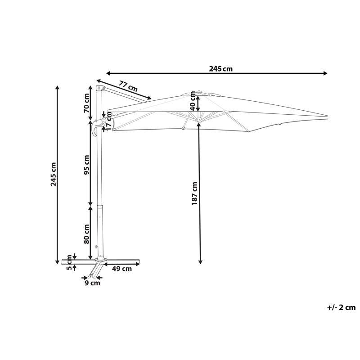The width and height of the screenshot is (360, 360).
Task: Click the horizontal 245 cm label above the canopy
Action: [220, 69]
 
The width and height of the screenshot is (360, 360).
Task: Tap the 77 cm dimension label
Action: [128, 86]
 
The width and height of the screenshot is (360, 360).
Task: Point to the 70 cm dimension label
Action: [86, 103]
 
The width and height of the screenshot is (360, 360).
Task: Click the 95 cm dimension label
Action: [86, 165]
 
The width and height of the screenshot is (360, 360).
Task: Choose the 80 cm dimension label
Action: [86, 234]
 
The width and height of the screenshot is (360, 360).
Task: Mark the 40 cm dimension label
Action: [193, 100]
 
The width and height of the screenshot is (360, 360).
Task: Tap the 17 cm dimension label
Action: [109, 121]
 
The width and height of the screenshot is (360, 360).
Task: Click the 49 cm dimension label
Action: [122, 269]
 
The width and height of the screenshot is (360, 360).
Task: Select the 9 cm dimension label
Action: [92, 283]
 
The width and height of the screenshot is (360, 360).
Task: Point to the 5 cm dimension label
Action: [69, 262]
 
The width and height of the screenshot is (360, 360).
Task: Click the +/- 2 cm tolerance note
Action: [341, 307]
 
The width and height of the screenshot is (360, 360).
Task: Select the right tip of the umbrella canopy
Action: [328, 116]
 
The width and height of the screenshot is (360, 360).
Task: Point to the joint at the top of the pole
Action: [100, 88]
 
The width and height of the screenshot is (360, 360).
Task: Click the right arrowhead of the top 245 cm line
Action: [325, 73]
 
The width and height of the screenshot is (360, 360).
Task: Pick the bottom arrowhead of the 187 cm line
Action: [200, 262]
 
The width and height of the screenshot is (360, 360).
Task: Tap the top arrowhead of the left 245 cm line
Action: [58, 87]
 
